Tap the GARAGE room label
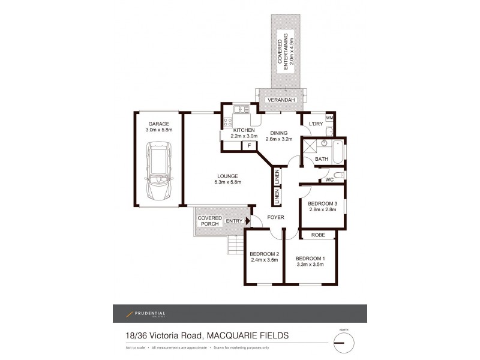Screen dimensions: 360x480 [159, 124]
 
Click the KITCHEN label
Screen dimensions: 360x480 [244, 130]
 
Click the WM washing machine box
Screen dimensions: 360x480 [329, 118]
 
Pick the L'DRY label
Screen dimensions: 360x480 [316, 124]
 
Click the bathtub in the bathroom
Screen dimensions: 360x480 [337, 152]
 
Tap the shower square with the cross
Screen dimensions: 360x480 [310, 147]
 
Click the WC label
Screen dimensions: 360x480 [329, 179]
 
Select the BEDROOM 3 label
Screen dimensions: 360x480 [323, 203]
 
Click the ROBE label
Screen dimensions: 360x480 [318, 235]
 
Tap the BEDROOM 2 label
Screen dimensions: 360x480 [264, 254]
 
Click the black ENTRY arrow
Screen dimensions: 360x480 [247, 221]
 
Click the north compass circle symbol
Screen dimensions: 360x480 [344, 343]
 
